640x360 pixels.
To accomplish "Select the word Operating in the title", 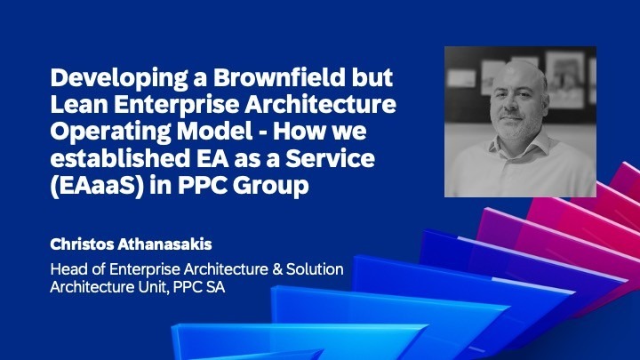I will [x=111, y=135].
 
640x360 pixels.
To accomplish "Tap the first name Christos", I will [x=87, y=241].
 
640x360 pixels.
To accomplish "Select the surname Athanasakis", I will [x=172, y=241].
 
